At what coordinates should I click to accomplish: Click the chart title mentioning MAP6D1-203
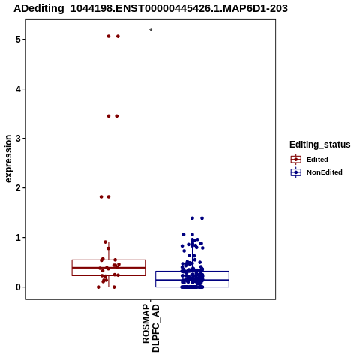(151, 8)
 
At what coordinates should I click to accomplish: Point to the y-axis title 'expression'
(8, 159)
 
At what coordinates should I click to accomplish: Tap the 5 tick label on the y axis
(18, 40)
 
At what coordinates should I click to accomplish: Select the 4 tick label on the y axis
(18, 89)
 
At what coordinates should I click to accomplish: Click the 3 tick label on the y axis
(18, 138)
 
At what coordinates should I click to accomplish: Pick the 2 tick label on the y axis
(18, 187)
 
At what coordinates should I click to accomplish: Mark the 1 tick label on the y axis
(18, 237)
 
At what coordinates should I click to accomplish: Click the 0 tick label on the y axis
(18, 286)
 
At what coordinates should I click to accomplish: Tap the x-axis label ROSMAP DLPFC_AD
(151, 328)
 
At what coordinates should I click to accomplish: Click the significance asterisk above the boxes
(151, 30)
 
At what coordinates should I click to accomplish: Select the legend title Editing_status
(320, 145)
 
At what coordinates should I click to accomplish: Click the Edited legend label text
(317, 160)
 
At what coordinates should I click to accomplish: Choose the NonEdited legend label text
(325, 172)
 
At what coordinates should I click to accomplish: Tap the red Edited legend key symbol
(296, 160)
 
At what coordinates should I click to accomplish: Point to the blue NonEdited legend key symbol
(296, 172)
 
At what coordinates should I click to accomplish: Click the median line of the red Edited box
(109, 268)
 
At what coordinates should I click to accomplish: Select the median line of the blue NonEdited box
(192, 280)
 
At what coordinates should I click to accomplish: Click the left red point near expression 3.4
(109, 116)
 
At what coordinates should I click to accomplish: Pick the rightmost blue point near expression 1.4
(202, 218)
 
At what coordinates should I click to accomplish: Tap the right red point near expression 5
(118, 37)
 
